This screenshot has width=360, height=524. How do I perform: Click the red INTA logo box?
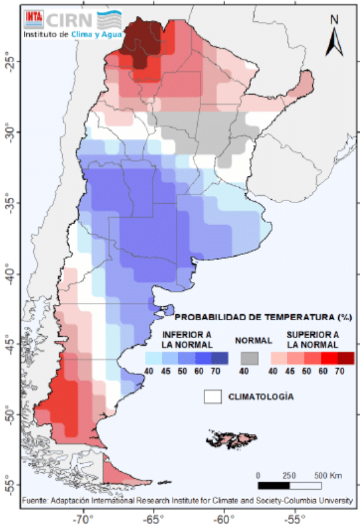34,19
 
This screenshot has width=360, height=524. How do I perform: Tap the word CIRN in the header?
69,21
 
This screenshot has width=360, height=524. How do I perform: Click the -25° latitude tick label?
9,61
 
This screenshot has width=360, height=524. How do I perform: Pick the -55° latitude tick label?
9,484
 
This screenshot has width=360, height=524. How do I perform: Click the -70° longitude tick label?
83,519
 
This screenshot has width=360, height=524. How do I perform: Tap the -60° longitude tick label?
224,519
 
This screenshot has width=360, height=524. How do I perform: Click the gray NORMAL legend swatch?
249,358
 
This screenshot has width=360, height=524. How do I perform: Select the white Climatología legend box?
212,397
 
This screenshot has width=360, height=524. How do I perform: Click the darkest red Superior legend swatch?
345,358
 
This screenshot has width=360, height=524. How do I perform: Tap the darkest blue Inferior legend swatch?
220,358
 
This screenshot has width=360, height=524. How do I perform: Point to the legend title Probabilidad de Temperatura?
263,317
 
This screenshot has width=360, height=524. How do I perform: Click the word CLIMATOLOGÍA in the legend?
261,397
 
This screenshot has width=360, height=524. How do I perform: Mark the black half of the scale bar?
274,485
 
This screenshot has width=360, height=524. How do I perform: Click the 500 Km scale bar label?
328,475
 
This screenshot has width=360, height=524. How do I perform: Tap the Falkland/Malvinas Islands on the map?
232,439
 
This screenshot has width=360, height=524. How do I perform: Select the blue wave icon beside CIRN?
109,21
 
